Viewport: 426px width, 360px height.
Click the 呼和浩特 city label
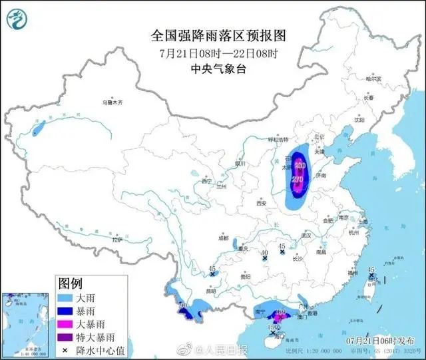tap(275, 140)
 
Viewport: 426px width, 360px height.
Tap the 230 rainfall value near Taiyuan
tap(300, 165)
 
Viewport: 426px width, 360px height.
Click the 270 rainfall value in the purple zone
tap(298, 180)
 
